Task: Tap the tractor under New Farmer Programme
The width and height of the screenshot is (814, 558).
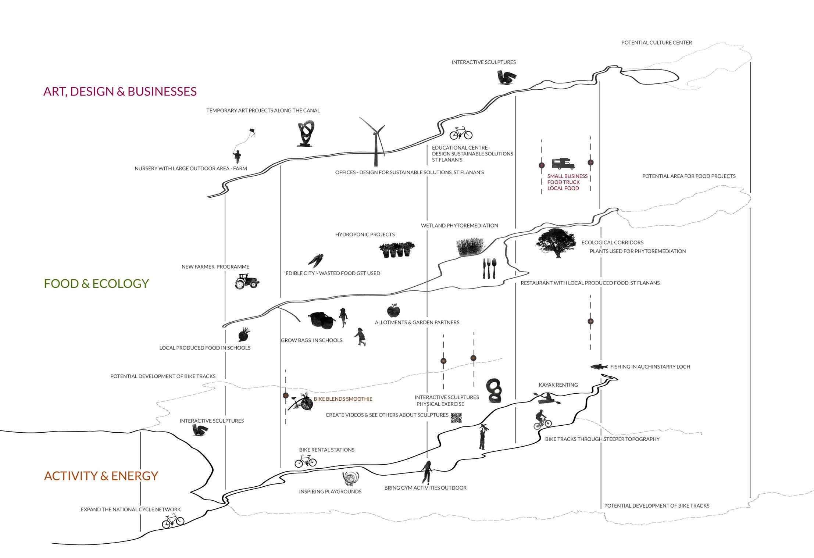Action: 247,281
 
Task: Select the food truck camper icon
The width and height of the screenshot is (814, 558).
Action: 563,164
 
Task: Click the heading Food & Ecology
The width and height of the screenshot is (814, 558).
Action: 96,283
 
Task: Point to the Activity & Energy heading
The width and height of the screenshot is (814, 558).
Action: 101,476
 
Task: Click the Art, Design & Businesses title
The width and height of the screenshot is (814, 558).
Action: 120,91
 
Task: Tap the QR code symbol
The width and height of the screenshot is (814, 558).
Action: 456,418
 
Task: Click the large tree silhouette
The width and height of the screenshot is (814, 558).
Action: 556,243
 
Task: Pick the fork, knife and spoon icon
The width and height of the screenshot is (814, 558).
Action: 489,268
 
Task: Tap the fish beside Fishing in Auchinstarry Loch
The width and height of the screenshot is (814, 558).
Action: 599,366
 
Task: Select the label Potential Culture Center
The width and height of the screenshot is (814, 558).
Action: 656,43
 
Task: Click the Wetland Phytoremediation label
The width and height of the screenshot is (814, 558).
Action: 459,225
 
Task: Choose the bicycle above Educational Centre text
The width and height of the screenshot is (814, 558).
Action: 461,133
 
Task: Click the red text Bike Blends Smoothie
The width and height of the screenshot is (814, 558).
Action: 343,399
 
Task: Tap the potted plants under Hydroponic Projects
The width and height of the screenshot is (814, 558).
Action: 396,250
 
